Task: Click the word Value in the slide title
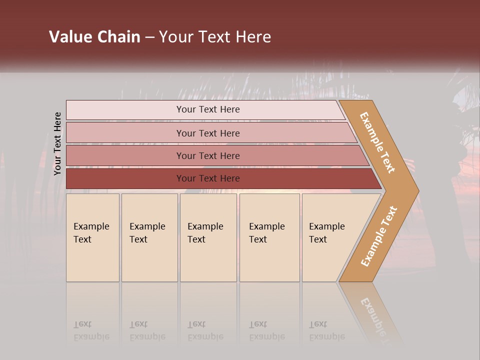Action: click(70, 37)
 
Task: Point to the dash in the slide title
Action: click(149, 37)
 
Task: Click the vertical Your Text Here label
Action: click(57, 144)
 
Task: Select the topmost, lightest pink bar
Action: click(207, 110)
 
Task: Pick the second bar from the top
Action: click(207, 133)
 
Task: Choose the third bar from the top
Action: click(207, 155)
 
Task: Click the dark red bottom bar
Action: click(207, 178)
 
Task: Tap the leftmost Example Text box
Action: click(92, 237)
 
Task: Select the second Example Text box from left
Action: click(149, 237)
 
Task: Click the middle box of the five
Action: click(208, 237)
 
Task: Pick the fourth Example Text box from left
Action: click(269, 237)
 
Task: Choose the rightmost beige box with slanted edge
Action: click(330, 237)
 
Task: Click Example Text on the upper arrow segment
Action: click(377, 142)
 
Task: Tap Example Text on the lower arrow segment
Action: click(379, 236)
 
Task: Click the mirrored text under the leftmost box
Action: click(91, 330)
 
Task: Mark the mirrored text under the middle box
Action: click(205, 330)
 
